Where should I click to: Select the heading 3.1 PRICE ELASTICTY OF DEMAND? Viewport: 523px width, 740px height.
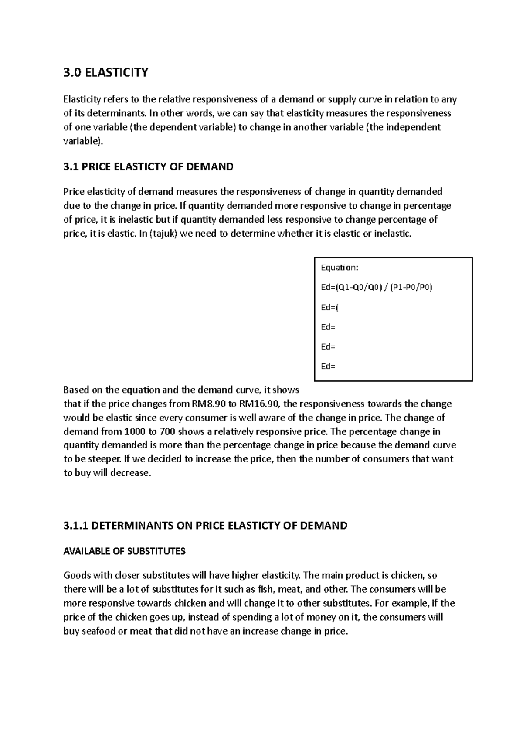[x=148, y=166]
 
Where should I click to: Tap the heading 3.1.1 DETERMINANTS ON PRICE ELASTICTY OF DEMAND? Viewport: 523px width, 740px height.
[x=205, y=526]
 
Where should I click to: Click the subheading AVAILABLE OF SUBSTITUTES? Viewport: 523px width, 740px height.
[x=124, y=551]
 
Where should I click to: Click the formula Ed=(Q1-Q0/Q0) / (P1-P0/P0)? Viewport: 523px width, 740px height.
[x=377, y=288]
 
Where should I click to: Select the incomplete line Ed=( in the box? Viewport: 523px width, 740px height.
[x=329, y=307]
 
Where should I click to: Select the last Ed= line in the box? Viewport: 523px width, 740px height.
[x=328, y=366]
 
